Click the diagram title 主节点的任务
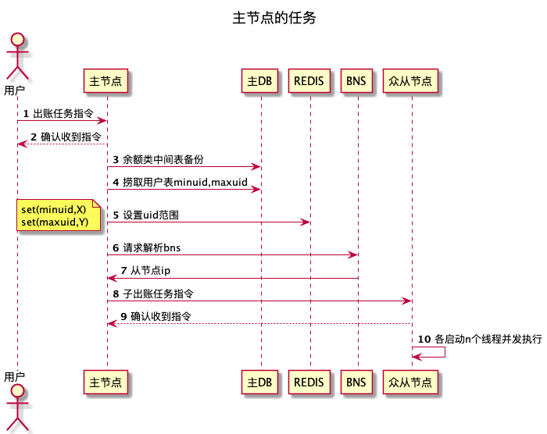274,17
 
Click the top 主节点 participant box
105,80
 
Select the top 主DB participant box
260,80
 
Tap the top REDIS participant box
310,80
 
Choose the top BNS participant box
357,80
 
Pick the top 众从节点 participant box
411,80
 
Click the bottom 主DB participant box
260,382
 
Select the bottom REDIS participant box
310,382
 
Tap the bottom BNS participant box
357,382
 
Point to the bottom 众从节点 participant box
411,382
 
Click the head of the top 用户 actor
17,41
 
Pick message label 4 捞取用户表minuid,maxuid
180,182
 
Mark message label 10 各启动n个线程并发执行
480,339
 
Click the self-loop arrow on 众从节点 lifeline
444,351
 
